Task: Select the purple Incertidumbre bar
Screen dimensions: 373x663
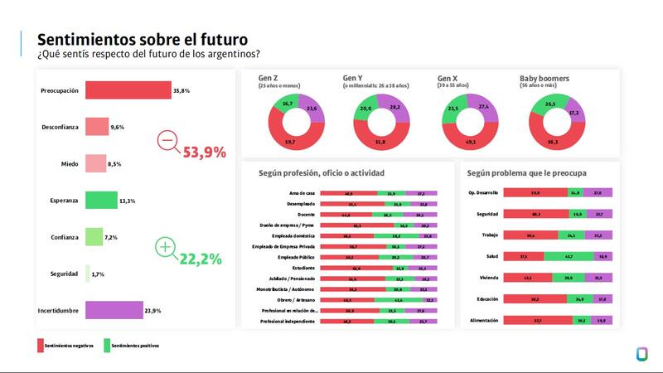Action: click(x=114, y=310)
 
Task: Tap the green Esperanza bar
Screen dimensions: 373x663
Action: click(x=101, y=200)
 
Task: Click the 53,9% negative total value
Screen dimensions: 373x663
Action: click(x=204, y=152)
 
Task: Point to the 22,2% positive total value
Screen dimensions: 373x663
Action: click(x=201, y=259)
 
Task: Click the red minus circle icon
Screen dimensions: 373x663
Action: click(x=167, y=141)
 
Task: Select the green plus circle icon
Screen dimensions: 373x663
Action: click(x=166, y=248)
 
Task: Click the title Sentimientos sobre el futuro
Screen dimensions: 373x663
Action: click(x=143, y=39)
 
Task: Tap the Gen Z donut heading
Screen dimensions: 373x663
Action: click(x=269, y=78)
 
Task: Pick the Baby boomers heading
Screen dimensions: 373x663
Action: click(x=544, y=78)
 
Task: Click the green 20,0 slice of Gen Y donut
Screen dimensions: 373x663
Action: click(x=365, y=109)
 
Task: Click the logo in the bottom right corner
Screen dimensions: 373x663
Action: click(x=641, y=353)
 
